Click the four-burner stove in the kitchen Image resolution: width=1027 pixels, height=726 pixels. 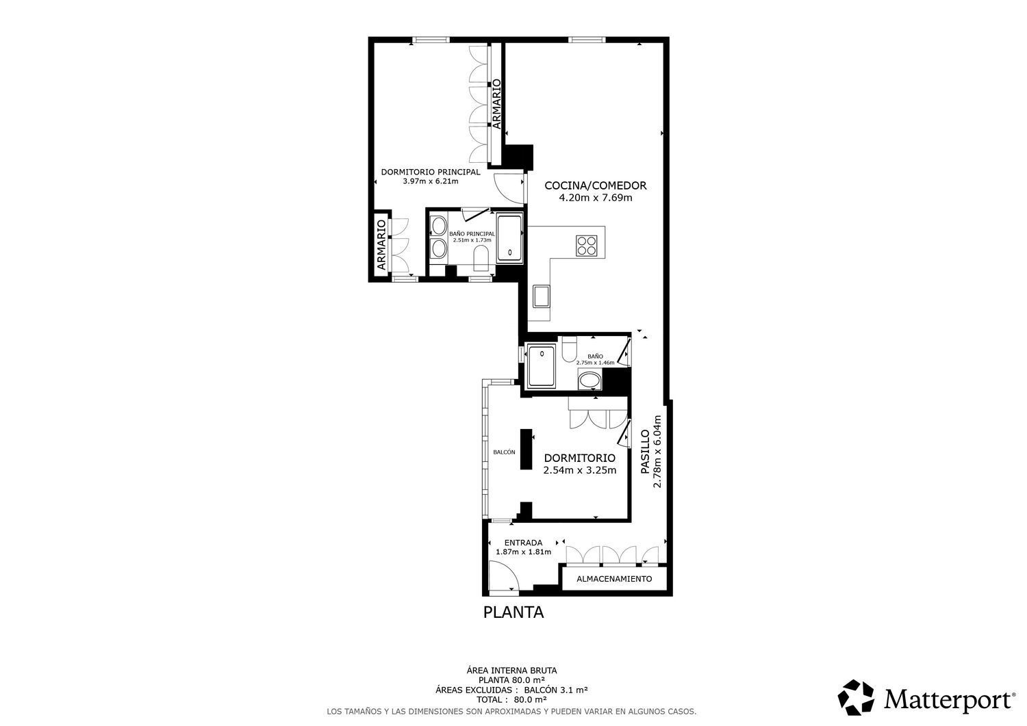(587, 244)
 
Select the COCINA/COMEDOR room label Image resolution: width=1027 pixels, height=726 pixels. (595, 185)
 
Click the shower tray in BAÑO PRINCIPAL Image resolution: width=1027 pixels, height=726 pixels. (509, 238)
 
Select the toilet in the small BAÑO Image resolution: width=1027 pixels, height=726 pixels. (568, 350)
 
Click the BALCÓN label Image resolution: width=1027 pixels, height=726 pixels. (504, 452)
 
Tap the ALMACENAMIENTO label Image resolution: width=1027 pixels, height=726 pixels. (614, 579)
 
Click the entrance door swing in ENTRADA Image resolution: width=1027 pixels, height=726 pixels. (505, 576)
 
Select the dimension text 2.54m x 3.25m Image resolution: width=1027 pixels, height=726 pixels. (579, 470)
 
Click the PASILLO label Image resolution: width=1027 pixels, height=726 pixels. (645, 452)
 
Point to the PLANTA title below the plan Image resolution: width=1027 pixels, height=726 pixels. (513, 612)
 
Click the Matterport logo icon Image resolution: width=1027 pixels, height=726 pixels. (857, 697)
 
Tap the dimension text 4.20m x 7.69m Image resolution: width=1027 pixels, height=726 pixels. (595, 198)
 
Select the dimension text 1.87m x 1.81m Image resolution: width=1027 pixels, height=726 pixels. (523, 552)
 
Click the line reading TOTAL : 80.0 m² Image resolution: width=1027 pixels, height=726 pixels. (513, 699)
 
